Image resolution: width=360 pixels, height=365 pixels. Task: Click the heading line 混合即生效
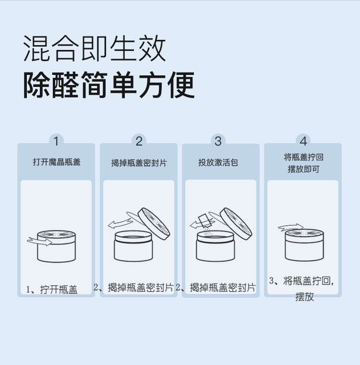pos(95,48)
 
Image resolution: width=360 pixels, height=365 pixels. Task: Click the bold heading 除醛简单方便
pos(109,85)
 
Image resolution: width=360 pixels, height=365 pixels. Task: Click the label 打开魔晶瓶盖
pos(57,162)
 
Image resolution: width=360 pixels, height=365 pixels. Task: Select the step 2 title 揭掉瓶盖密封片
pos(139,163)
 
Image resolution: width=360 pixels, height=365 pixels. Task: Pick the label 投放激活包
pos(218,162)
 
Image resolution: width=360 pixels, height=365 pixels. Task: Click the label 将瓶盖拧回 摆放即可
pos(303,163)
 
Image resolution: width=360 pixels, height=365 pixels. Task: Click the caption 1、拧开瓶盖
pos(52,290)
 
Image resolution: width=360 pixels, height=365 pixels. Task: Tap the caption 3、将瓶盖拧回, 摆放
pos(302,289)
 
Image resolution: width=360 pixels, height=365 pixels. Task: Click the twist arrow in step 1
pos(39,241)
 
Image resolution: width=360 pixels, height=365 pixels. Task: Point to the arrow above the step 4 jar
pos(291,227)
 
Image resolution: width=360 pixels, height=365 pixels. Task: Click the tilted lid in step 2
pos(154,224)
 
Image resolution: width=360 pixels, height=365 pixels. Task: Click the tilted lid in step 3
pos(236,224)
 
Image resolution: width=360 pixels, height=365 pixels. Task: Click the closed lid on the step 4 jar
pos(304,236)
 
